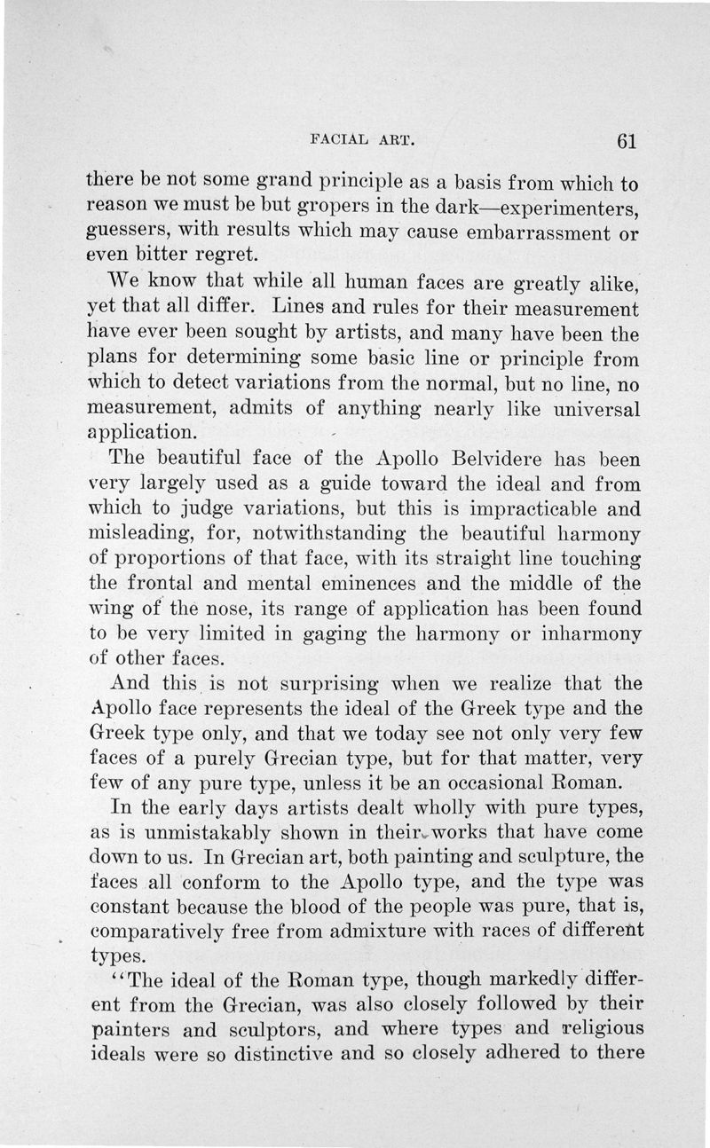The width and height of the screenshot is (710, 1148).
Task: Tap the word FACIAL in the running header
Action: (335, 139)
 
